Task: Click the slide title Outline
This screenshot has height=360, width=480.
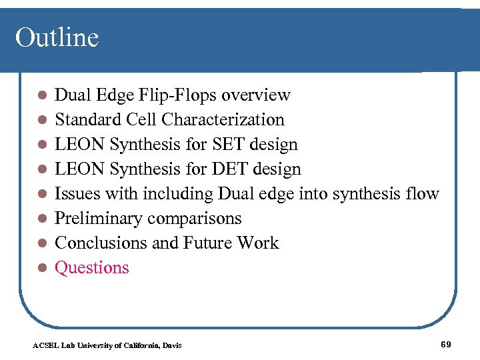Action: (x=57, y=37)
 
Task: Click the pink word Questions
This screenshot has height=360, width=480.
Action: (x=91, y=268)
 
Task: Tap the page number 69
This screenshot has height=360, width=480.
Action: (x=446, y=344)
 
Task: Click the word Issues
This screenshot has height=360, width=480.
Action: (x=75, y=194)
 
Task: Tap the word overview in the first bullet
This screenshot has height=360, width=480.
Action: (x=256, y=95)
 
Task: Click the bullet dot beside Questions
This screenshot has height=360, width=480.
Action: (x=41, y=268)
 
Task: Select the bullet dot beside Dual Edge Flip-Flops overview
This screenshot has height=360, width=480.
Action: (x=41, y=96)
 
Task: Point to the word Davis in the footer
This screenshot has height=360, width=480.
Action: (x=171, y=345)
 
